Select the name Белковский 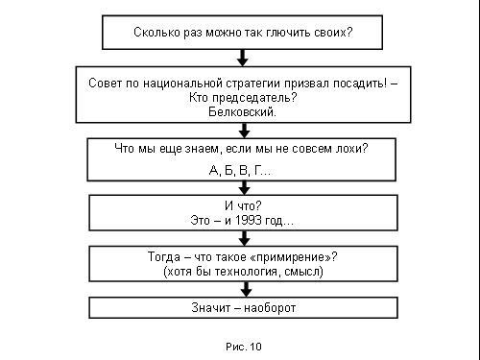[242, 112]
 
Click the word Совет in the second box [105, 84]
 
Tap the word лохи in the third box [351, 149]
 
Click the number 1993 [248, 220]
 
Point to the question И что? [243, 205]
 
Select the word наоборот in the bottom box [270, 308]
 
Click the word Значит [211, 308]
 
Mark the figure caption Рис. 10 [244, 347]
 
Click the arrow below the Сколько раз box [243, 58]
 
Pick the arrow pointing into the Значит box [246, 290]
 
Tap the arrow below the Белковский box [245, 131]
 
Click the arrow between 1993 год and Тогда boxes [245, 238]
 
